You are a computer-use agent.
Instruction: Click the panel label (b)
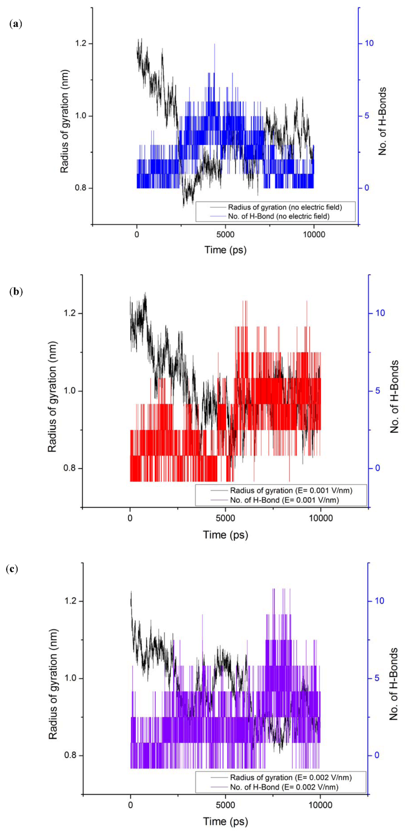pos(15,292)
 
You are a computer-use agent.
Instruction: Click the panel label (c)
pos(12,569)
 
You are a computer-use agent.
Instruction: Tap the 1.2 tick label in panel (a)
pos(81,43)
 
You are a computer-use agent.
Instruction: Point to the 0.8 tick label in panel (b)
pos(70,468)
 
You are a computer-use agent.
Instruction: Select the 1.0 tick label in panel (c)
pos(70,678)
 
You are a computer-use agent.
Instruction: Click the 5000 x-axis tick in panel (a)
pos(225,235)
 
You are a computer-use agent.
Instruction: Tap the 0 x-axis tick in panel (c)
pos(131,805)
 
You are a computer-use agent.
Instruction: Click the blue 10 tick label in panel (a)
pos(369,43)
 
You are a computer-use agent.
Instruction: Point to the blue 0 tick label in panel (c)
pos(377,755)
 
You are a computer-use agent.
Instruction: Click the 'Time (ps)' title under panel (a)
pos(225,250)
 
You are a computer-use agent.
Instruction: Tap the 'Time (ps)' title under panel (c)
pos(225,822)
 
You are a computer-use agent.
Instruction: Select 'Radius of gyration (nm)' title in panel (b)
pos(52,397)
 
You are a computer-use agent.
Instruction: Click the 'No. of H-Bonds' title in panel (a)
pos(382,121)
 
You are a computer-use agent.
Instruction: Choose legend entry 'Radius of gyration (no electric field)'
pos(285,207)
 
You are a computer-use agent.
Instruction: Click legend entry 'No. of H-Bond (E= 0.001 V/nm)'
pos(284,500)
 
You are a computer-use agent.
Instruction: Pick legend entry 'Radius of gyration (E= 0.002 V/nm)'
pos(291,777)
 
